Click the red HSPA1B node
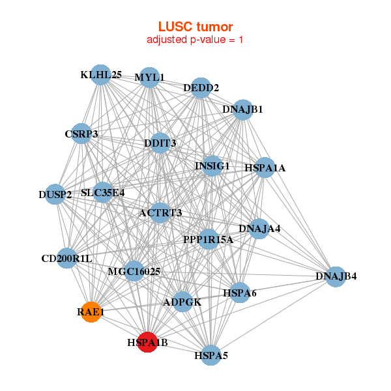pyautogui.click(x=148, y=341)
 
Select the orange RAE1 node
pyautogui.click(x=91, y=312)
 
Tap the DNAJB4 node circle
pyautogui.click(x=336, y=276)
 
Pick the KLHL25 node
pyautogui.click(x=100, y=74)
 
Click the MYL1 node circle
pyautogui.click(x=149, y=78)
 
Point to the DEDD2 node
pyautogui.click(x=201, y=87)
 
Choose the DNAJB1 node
pyautogui.click(x=242, y=109)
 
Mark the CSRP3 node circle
pyautogui.click(x=81, y=134)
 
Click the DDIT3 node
pyautogui.click(x=160, y=143)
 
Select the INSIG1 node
pyautogui.click(x=212, y=166)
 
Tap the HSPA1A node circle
pyautogui.click(x=265, y=167)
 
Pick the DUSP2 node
pyautogui.click(x=55, y=194)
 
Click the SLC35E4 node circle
pyautogui.click(x=103, y=192)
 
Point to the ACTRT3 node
pyautogui.click(x=160, y=212)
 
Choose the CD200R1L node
pyautogui.click(x=67, y=258)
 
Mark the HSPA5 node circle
pyautogui.click(x=210, y=355)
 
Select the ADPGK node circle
pyautogui.click(x=183, y=302)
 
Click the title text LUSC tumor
pyautogui.click(x=195, y=27)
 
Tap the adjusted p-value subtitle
pyautogui.click(x=195, y=40)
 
